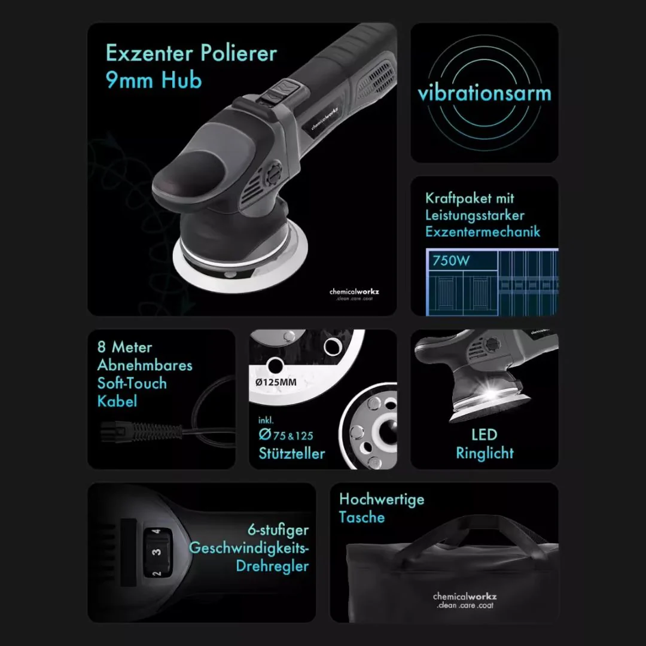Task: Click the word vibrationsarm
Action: click(484, 93)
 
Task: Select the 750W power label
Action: click(451, 261)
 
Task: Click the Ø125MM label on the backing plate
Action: click(276, 382)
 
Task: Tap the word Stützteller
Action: click(292, 453)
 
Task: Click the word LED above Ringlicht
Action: click(484, 435)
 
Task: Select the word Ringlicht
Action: click(484, 453)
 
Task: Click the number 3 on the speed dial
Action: click(156, 551)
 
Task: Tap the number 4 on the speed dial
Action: click(156, 532)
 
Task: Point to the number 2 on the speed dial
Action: click(157, 572)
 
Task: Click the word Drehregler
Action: click(272, 566)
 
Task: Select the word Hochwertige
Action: click(382, 499)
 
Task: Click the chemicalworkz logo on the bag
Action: click(465, 601)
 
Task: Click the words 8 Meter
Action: click(125, 348)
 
